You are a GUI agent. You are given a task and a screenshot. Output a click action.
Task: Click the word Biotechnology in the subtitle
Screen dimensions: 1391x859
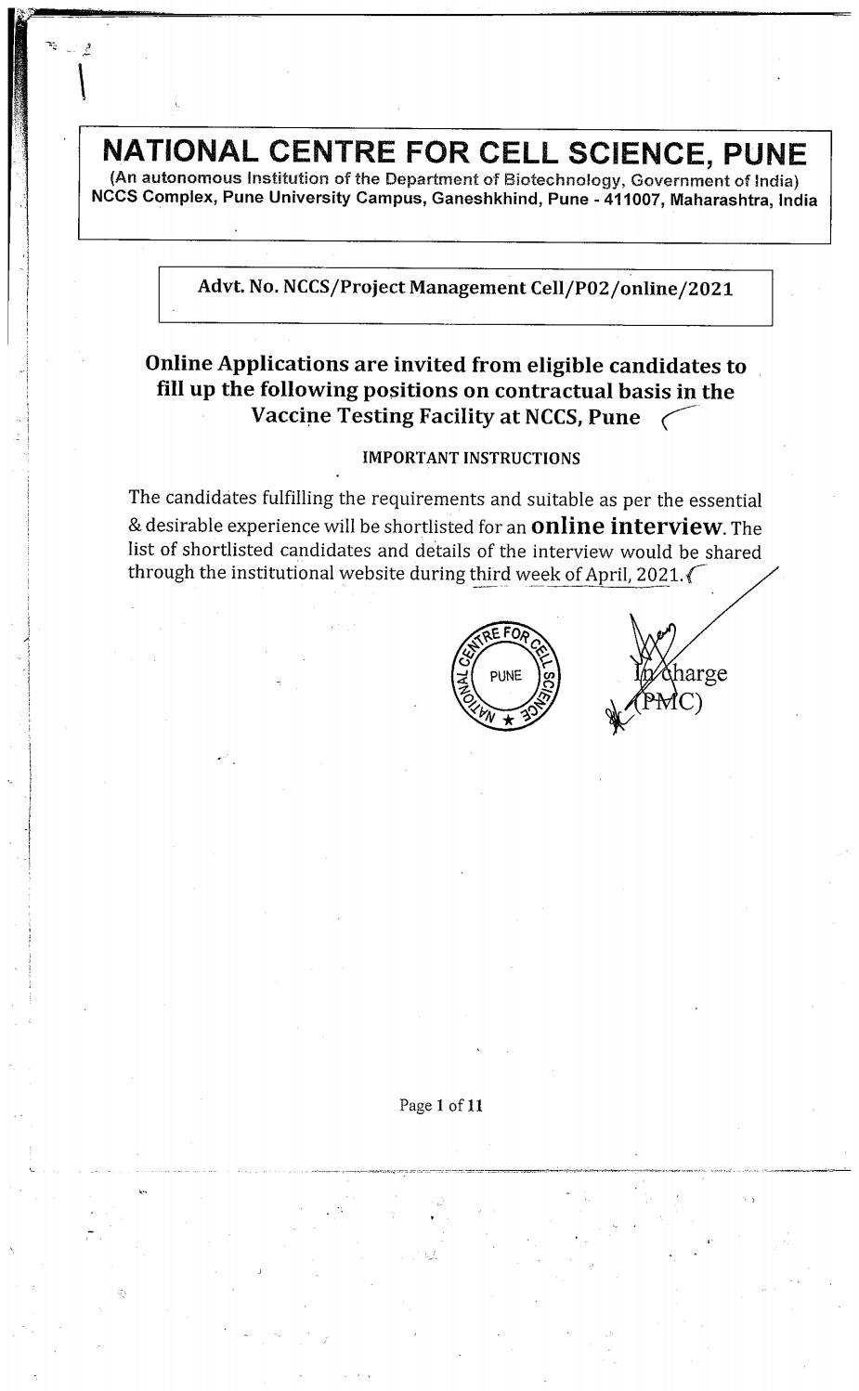pos(554,179)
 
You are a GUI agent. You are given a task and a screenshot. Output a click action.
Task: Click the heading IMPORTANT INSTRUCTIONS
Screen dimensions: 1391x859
pos(470,458)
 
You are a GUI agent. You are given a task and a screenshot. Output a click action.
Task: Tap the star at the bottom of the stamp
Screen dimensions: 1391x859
pos(508,721)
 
